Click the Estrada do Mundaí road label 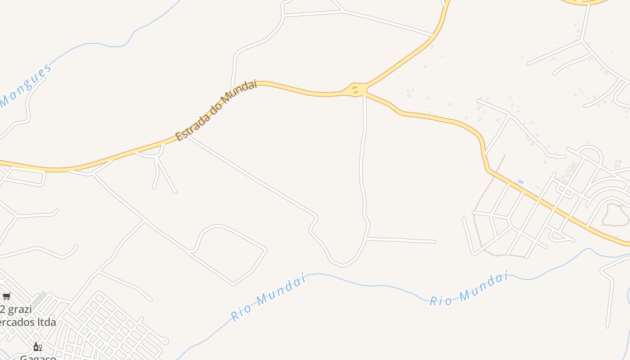(216, 110)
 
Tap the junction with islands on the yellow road (356, 90)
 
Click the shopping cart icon (6, 296)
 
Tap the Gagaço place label (38, 357)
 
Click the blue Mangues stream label (26, 86)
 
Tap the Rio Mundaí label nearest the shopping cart (268, 297)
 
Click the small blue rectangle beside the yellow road (521, 182)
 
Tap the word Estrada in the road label (193, 126)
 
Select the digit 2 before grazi (2, 310)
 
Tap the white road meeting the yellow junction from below (364, 117)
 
